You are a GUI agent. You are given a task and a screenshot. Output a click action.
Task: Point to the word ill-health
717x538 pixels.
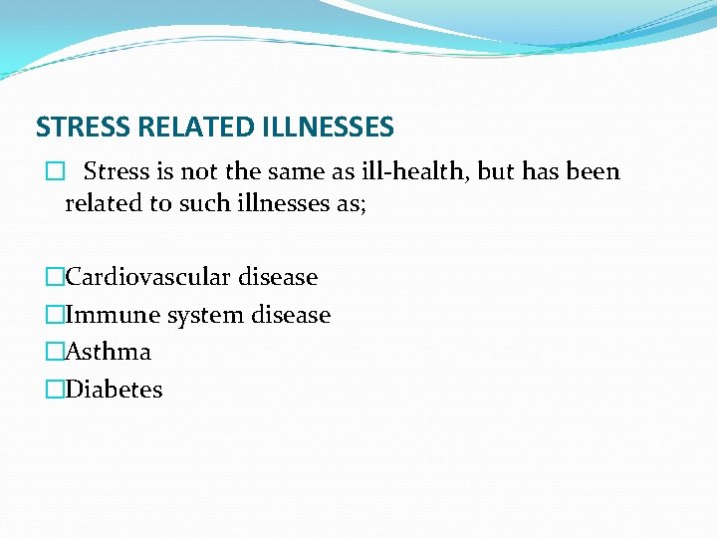(415, 171)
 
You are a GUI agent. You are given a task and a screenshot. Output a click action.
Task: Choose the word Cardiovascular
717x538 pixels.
(150, 277)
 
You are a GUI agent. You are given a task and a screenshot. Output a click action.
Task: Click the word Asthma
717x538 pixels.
(109, 352)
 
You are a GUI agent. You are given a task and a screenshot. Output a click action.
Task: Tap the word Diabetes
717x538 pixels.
(114, 390)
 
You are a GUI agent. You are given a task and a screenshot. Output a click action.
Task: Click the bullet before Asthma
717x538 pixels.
(54, 353)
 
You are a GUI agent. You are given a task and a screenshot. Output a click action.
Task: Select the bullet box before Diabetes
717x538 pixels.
(54, 391)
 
